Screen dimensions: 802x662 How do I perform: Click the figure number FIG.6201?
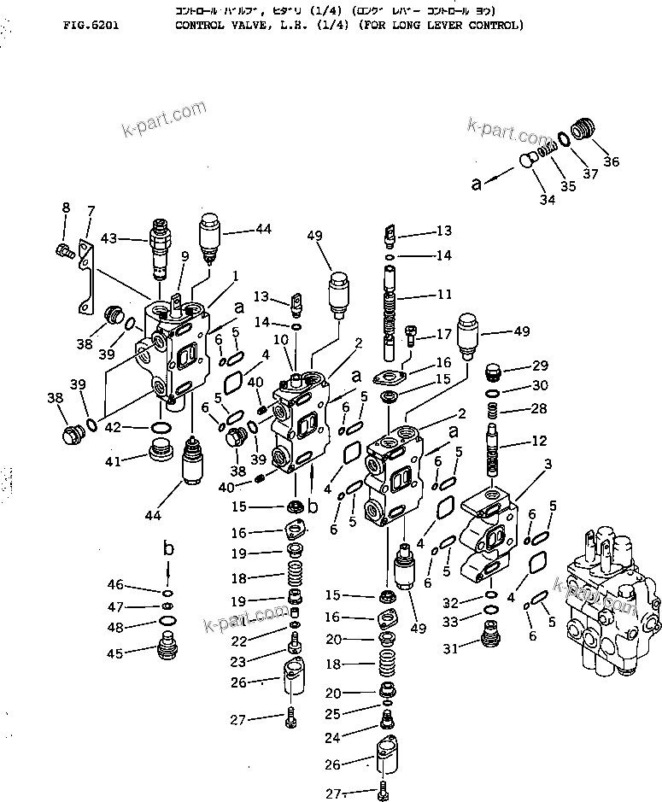(91, 26)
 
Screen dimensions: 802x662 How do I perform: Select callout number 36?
(612, 162)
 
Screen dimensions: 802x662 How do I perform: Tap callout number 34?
(547, 200)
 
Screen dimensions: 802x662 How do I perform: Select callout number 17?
(443, 334)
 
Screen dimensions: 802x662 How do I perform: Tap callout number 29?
(540, 366)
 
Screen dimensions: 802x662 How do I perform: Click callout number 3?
(548, 462)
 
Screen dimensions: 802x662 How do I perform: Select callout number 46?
(115, 585)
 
